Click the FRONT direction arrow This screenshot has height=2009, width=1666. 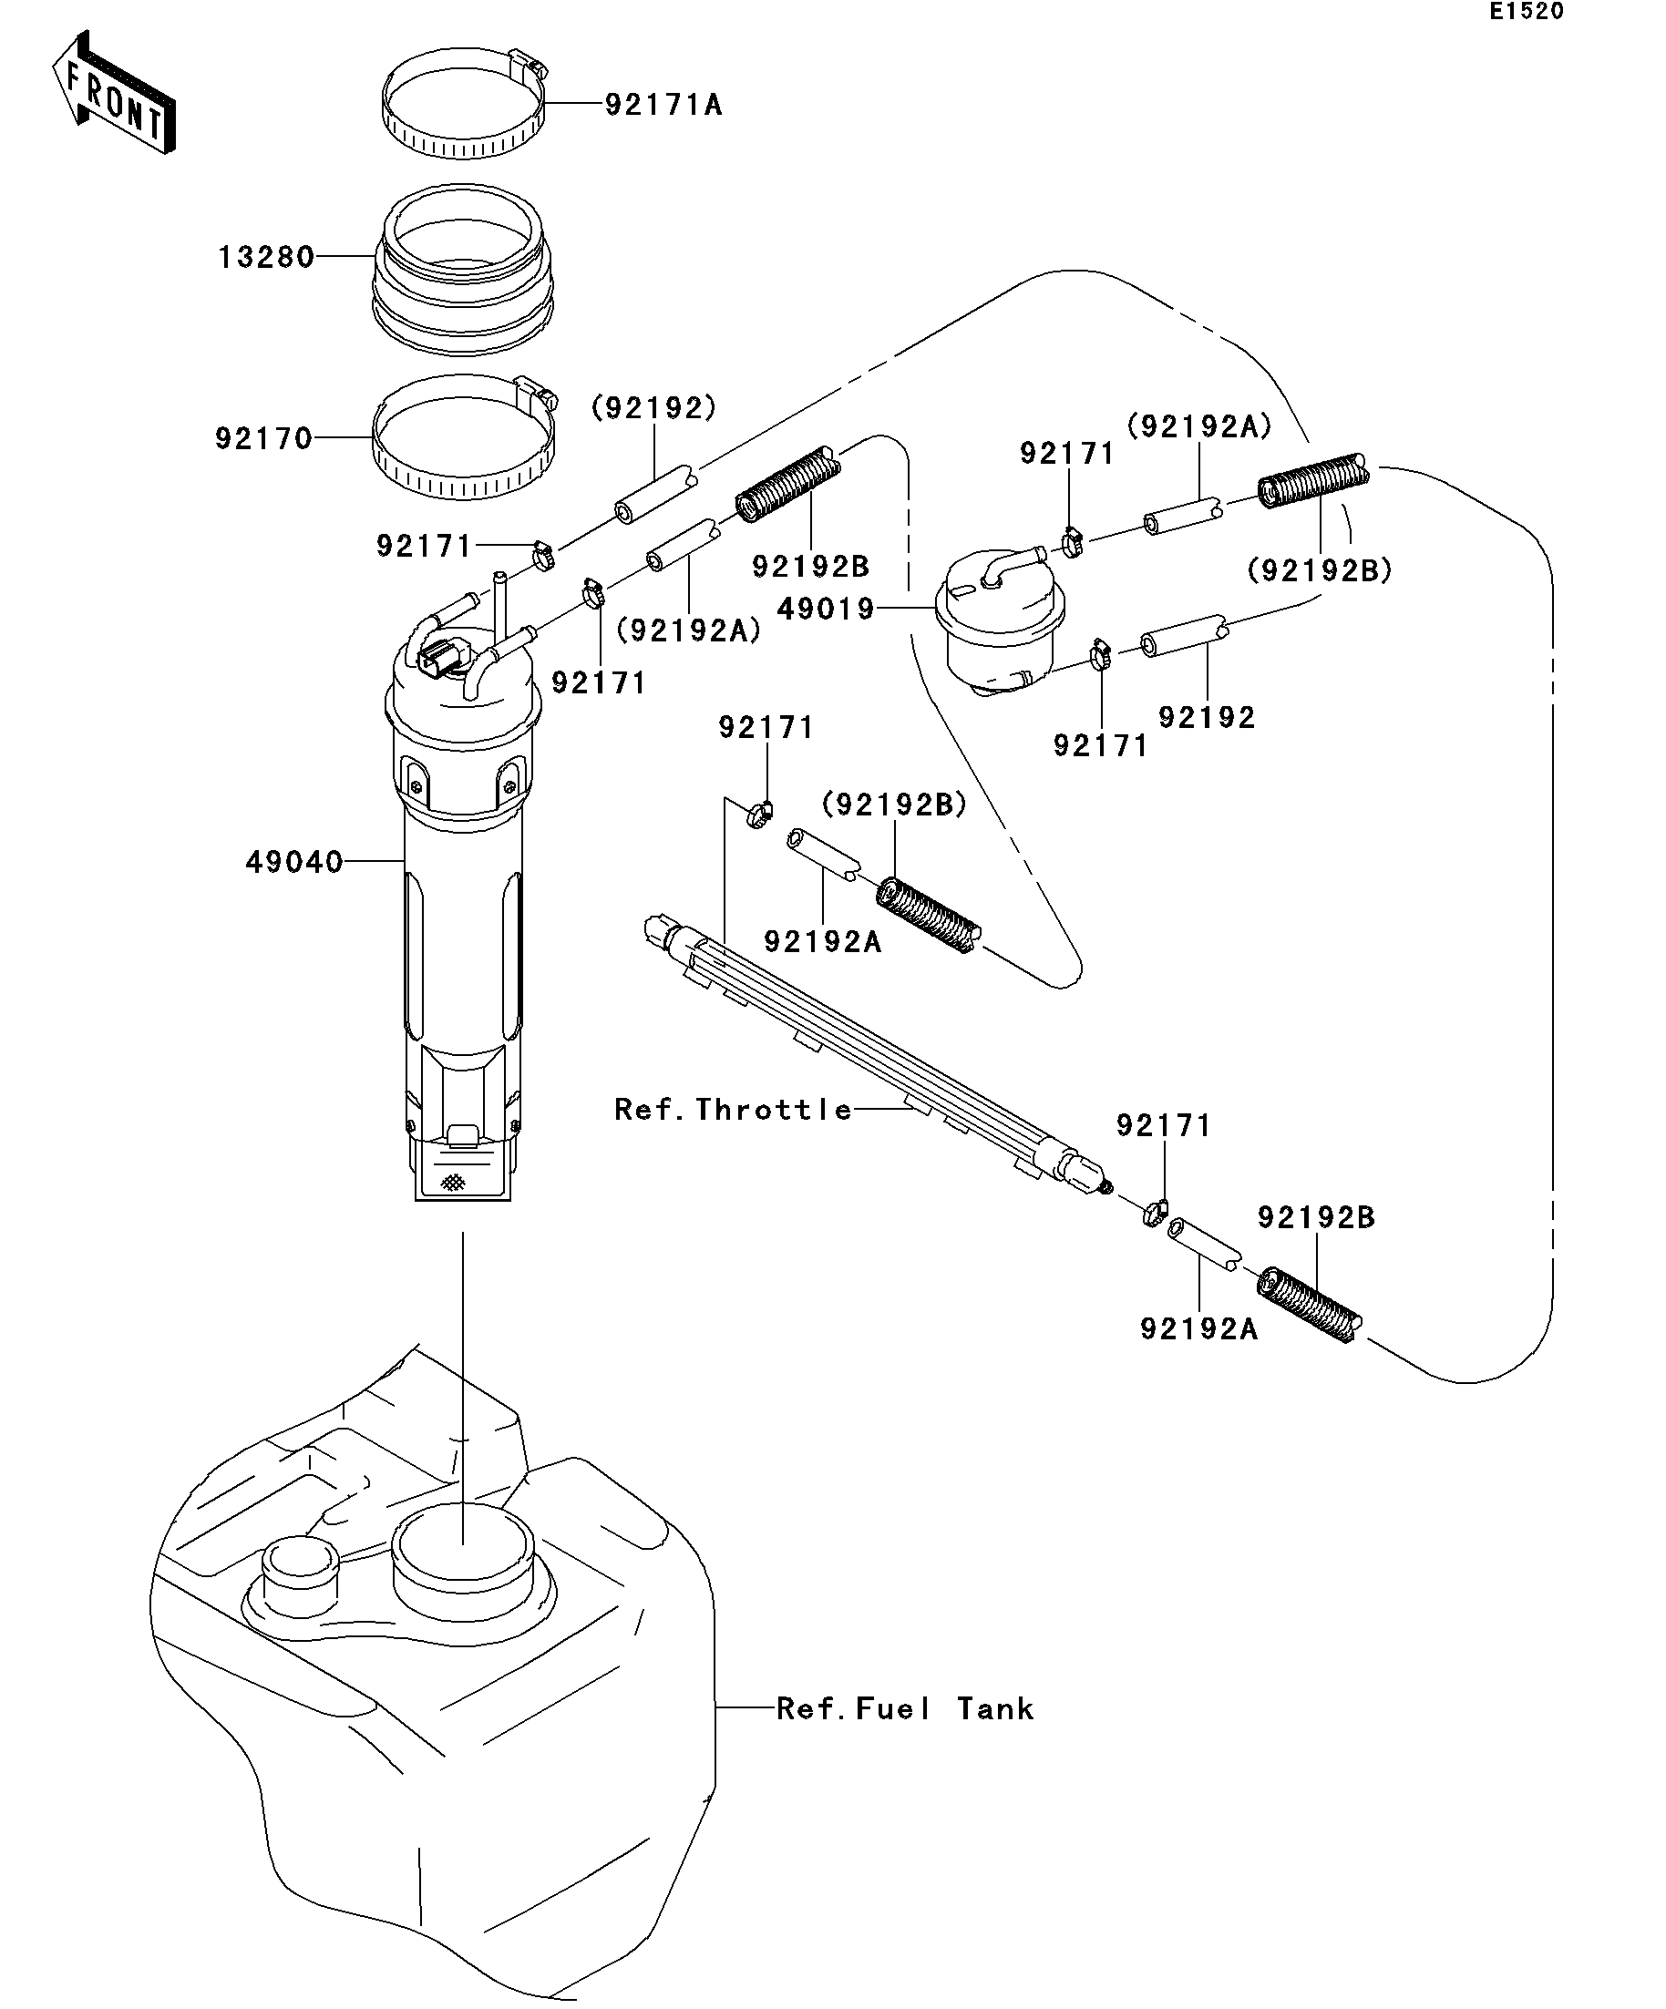click(113, 94)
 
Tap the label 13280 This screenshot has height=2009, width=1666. click(266, 257)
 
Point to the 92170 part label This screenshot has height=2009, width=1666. click(263, 439)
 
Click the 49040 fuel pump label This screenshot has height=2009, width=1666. click(293, 863)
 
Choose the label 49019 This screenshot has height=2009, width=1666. click(826, 609)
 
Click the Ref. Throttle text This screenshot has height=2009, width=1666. click(733, 1110)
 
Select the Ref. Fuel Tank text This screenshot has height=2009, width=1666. click(904, 1708)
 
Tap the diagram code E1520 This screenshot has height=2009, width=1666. click(1526, 12)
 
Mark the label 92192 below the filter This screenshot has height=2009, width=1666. click(1206, 718)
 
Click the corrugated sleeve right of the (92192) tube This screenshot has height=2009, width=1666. click(787, 485)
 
